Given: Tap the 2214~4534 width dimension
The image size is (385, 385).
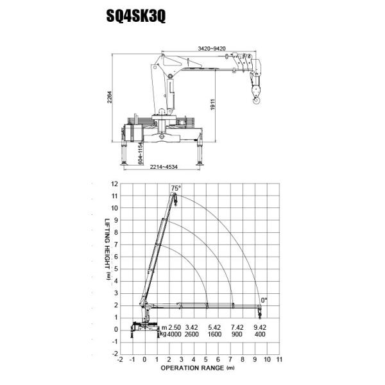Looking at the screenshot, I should [x=164, y=168].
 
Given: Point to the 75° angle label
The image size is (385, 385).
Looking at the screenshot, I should [x=175, y=187].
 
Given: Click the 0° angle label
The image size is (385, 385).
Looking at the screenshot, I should [x=263, y=300].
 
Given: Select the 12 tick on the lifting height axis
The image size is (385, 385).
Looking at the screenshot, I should [x=114, y=184].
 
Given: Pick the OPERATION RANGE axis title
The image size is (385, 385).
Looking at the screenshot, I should [x=193, y=369].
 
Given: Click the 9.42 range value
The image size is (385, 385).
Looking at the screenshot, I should [x=259, y=327].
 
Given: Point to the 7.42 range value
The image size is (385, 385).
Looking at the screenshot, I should [x=236, y=327].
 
